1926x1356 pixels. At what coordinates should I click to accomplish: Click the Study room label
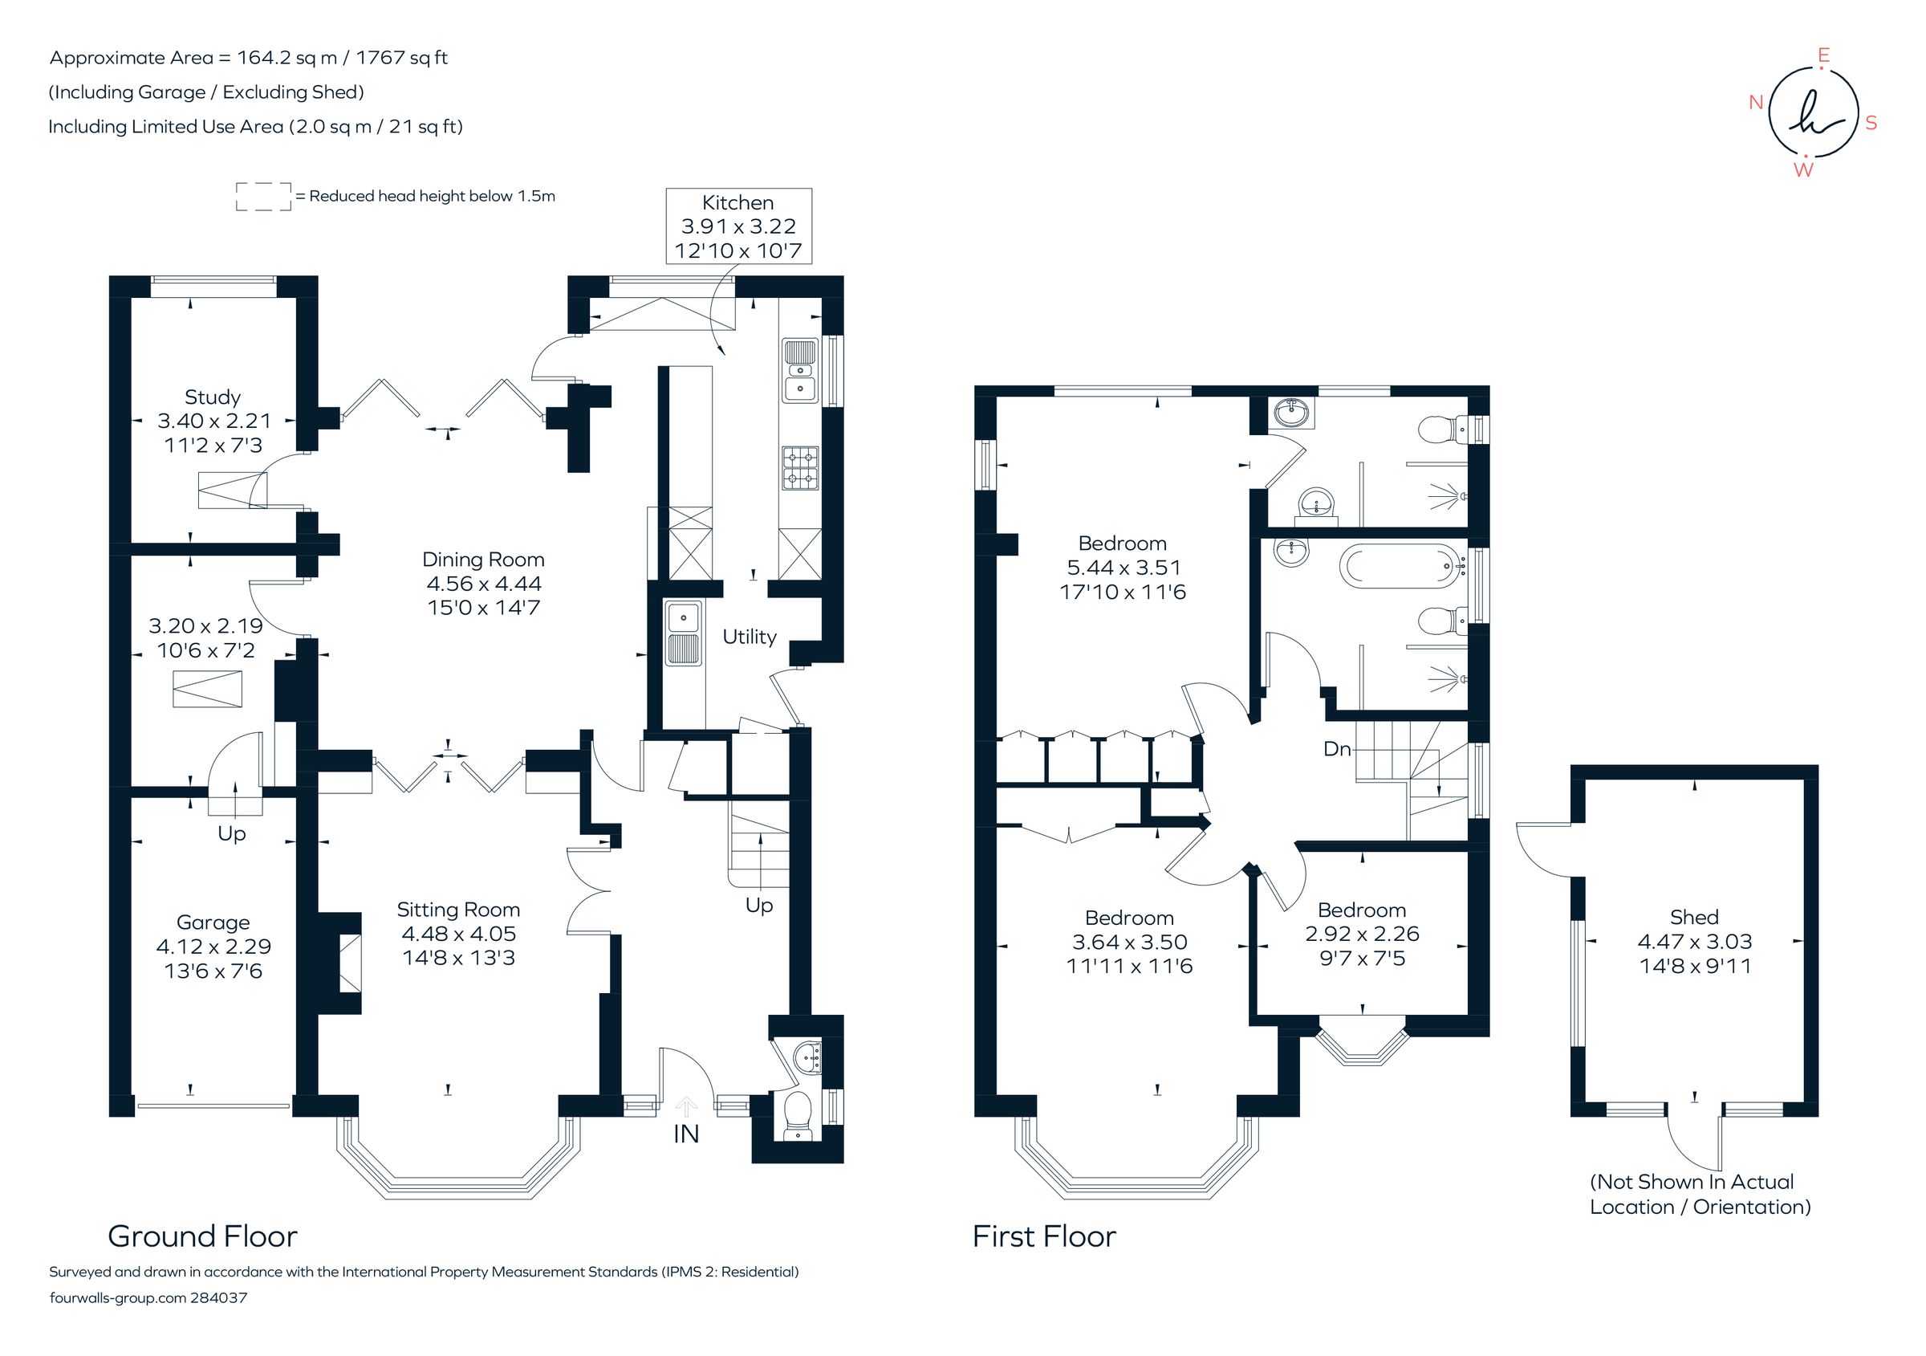(x=212, y=397)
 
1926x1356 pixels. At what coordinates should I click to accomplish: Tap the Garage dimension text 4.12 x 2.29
(x=213, y=947)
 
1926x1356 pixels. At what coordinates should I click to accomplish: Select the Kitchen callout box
(x=738, y=226)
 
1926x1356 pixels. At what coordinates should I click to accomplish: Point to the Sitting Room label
(x=458, y=910)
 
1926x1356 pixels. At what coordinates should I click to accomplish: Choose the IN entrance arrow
(x=686, y=1106)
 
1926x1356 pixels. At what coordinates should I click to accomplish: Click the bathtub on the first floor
(x=1402, y=565)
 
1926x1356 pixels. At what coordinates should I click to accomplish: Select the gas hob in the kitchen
(x=800, y=468)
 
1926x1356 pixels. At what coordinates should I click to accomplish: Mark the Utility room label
(x=749, y=637)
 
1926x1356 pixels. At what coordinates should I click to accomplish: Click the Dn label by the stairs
(x=1336, y=748)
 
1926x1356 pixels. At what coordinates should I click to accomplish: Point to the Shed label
(x=1693, y=917)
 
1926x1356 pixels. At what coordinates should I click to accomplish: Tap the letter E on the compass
(x=1822, y=55)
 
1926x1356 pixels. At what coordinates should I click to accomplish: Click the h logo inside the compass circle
(x=1813, y=123)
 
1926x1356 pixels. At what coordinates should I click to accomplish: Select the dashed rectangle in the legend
(x=263, y=197)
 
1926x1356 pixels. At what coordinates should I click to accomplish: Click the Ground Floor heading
(x=202, y=1236)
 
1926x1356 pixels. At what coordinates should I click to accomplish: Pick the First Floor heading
(x=1043, y=1236)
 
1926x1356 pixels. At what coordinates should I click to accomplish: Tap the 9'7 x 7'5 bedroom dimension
(x=1362, y=959)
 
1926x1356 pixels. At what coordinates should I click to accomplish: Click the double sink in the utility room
(x=684, y=633)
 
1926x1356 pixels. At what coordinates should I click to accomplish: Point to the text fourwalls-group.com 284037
(x=148, y=1297)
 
